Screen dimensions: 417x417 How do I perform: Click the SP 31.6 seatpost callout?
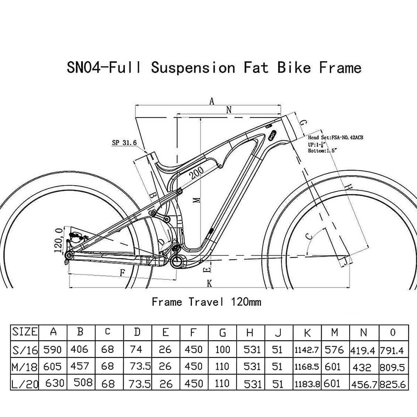pos(124,143)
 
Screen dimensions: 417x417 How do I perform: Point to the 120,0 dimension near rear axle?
pos(58,240)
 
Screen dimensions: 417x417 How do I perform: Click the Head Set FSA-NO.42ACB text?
pos(335,138)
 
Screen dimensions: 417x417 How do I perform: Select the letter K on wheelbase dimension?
pos(209,284)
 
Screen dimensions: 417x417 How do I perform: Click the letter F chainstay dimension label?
pos(122,273)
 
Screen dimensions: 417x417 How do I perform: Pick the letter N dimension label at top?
pos(229,110)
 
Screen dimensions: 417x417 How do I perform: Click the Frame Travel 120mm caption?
pos(206,302)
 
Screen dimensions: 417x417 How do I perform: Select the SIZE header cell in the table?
pos(25,332)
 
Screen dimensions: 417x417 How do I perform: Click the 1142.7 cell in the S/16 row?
pos(307,350)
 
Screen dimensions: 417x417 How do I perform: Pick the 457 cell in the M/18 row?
pos(80,366)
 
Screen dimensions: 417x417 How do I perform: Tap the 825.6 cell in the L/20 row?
pos(393,384)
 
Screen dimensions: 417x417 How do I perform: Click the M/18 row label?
pos(25,366)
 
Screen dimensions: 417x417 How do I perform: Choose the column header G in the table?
pos(222,333)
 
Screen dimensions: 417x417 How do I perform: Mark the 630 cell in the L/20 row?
pos(55,383)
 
